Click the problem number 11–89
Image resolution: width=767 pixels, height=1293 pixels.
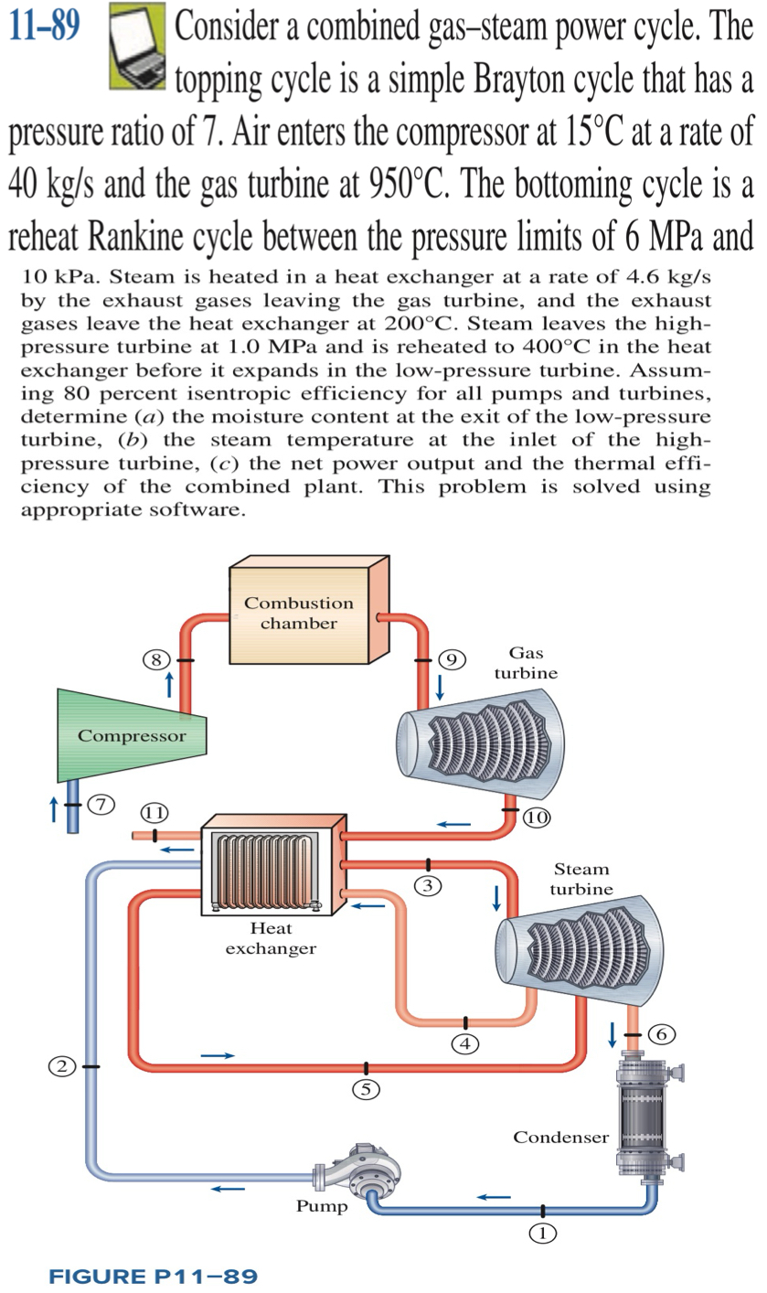[x=43, y=28]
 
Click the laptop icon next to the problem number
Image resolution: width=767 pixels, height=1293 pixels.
[x=136, y=46]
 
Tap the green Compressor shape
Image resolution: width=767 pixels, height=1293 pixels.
[x=130, y=735]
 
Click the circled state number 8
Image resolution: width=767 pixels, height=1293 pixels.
[x=156, y=659]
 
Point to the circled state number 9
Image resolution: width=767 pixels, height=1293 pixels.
[x=452, y=659]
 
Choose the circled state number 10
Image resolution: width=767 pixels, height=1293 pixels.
[x=537, y=817]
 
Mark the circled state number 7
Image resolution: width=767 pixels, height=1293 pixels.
[x=103, y=804]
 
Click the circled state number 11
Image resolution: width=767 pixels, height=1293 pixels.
[x=154, y=812]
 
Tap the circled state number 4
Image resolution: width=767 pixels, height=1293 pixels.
[x=465, y=1042]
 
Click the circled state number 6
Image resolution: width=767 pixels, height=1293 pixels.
[x=662, y=1033]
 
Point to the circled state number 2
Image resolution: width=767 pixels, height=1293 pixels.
[x=62, y=1065]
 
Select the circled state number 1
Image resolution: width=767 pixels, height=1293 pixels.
[x=542, y=1233]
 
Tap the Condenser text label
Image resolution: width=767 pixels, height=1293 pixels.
[x=559, y=1138]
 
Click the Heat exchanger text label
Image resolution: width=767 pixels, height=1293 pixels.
[x=271, y=938]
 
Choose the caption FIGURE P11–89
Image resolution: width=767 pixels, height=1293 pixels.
[x=153, y=1276]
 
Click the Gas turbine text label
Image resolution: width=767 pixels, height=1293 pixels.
[x=526, y=662]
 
